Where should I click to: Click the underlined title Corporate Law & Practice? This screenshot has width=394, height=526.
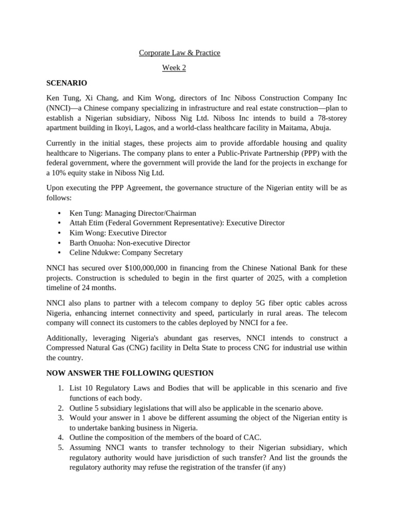(180, 53)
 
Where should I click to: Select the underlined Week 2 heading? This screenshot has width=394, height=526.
(174, 68)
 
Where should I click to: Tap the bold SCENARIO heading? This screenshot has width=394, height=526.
(67, 83)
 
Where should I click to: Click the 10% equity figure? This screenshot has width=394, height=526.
(60, 173)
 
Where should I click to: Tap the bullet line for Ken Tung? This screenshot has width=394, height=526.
(132, 213)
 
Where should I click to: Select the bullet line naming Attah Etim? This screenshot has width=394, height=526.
(176, 223)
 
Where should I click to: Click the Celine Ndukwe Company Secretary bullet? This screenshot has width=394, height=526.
(126, 253)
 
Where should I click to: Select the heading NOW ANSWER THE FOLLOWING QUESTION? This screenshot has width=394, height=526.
(130, 373)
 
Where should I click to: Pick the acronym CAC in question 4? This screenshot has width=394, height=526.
(251, 438)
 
